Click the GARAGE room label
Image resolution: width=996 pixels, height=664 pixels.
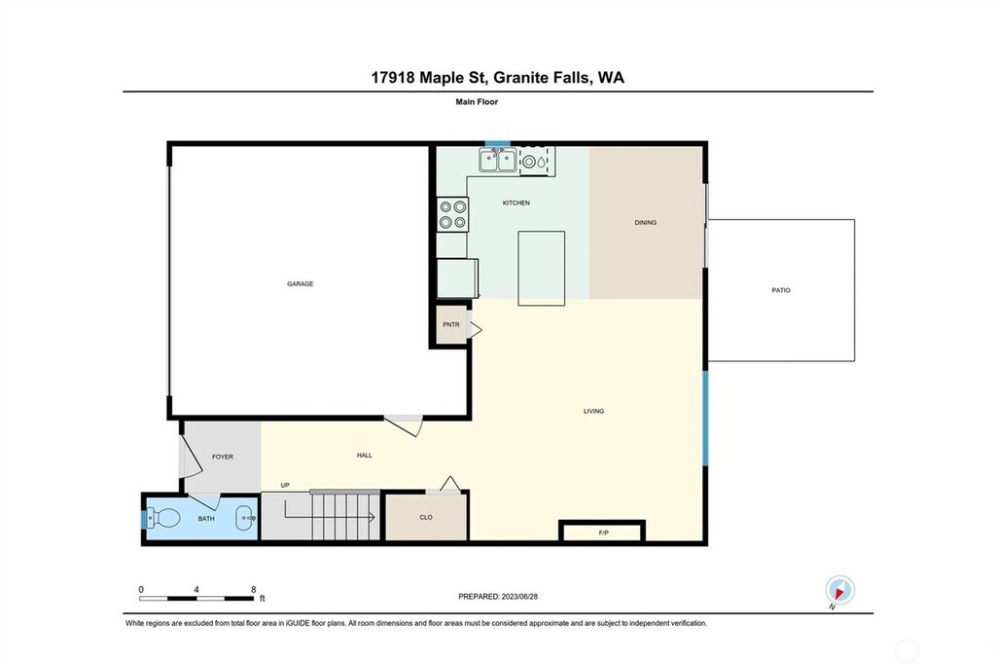(x=300, y=283)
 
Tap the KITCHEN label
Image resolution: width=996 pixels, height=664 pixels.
(x=516, y=203)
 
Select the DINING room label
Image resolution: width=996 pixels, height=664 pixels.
(x=646, y=223)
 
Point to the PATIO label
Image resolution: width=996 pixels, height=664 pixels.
(x=781, y=290)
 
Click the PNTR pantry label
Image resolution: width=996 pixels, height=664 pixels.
(x=451, y=324)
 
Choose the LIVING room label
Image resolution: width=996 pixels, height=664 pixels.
(x=593, y=411)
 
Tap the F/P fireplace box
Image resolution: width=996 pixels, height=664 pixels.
(x=603, y=531)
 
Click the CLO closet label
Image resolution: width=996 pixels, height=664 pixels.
(x=426, y=517)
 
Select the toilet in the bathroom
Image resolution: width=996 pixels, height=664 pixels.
(x=163, y=518)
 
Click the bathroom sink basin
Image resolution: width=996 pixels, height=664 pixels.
(x=246, y=518)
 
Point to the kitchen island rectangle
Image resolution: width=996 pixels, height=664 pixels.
(x=541, y=269)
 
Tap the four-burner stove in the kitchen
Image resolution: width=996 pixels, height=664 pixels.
(x=452, y=214)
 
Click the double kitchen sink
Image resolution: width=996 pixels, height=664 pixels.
(x=497, y=160)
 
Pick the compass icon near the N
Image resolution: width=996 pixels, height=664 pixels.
(x=839, y=591)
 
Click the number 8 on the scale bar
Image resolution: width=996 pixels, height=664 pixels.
(x=254, y=590)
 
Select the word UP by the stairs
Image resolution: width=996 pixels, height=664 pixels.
(x=285, y=485)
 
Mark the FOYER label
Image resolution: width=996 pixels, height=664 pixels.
(x=223, y=457)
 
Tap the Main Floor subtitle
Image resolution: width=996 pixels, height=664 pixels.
(x=477, y=102)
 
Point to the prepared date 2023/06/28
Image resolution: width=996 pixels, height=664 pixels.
(x=519, y=597)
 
